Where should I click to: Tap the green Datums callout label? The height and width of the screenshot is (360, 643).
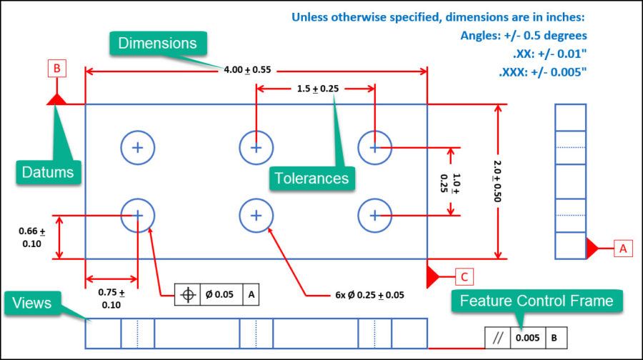(x=46, y=171)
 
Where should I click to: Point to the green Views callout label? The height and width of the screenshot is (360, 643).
(x=32, y=303)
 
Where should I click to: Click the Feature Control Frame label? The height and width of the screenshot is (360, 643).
(x=537, y=301)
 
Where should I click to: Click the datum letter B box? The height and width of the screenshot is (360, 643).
(x=57, y=69)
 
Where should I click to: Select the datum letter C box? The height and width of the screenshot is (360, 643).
(x=464, y=275)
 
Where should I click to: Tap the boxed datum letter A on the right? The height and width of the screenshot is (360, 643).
(x=623, y=249)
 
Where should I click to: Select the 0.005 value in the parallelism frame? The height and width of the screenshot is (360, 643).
(x=529, y=338)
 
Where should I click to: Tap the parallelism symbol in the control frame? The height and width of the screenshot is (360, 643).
(x=498, y=338)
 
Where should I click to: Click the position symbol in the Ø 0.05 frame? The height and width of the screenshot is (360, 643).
(x=189, y=294)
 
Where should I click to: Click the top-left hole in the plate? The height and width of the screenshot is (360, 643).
(x=138, y=148)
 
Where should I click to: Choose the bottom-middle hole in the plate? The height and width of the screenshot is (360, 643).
(x=256, y=215)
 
